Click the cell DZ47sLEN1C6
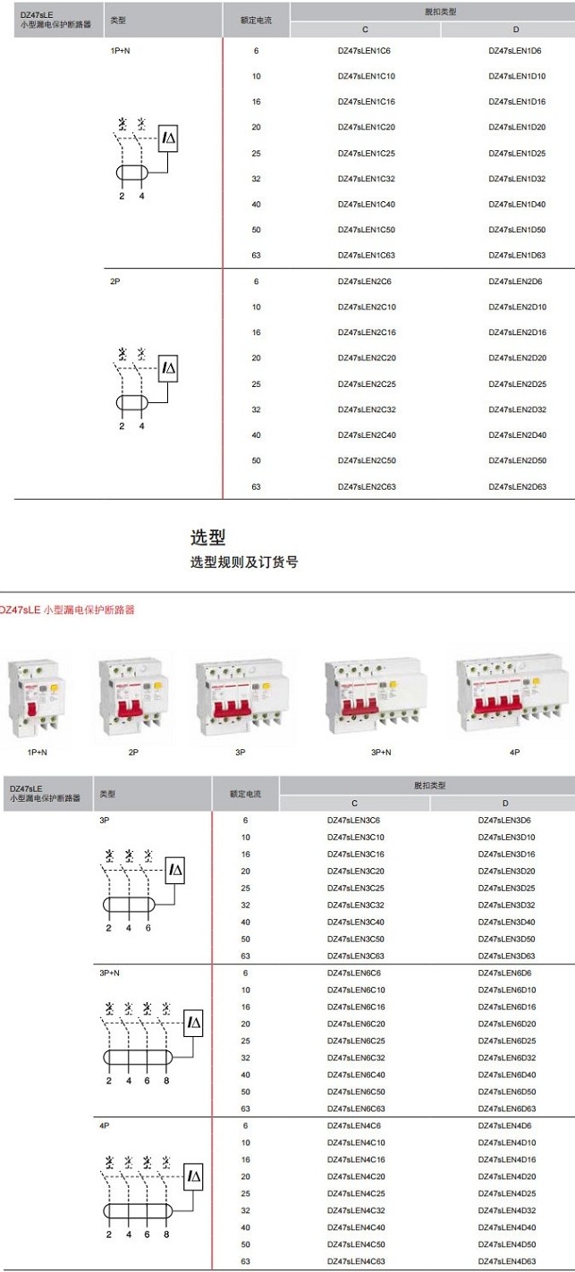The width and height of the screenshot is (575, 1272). tap(364, 51)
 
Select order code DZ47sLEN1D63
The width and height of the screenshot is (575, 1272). tap(517, 256)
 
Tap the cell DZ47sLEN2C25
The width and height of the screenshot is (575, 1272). tap(367, 384)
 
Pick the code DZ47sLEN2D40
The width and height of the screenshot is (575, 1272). tap(517, 435)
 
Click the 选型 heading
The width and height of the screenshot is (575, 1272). tap(207, 537)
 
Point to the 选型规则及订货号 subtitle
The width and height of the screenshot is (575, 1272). tap(243, 562)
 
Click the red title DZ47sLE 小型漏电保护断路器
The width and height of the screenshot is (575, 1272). tap(67, 610)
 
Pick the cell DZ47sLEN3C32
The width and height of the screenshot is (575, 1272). tap(355, 906)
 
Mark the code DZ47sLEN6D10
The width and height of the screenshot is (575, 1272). tap(506, 990)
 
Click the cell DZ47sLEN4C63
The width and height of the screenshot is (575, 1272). tap(355, 1261)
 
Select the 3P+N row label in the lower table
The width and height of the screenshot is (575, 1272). tap(109, 973)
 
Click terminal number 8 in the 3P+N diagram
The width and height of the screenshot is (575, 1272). tap(166, 1082)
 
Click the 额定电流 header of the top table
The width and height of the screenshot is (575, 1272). tap(256, 19)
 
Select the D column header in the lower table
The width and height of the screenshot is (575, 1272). tap(505, 804)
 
